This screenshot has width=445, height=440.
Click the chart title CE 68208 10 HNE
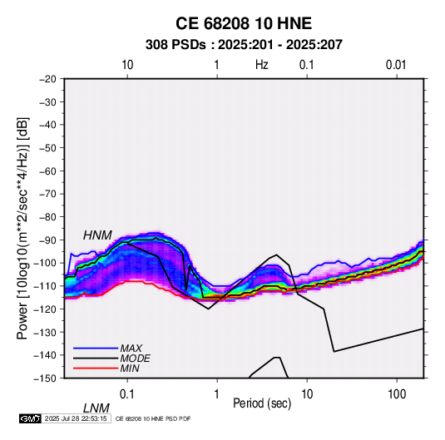pyautogui.click(x=244, y=23)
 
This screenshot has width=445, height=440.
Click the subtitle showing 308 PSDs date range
pyautogui.click(x=244, y=45)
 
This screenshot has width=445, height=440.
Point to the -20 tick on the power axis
pyautogui.click(x=47, y=79)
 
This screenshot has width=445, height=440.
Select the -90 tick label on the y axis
pyautogui.click(x=47, y=240)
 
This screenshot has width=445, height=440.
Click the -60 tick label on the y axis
pyautogui.click(x=47, y=171)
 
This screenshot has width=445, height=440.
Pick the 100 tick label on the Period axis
pyautogui.click(x=397, y=394)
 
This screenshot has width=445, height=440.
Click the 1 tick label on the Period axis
pyautogui.click(x=217, y=394)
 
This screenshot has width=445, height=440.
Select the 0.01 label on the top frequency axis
pyautogui.click(x=396, y=65)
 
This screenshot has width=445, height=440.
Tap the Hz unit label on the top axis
pyautogui.click(x=262, y=65)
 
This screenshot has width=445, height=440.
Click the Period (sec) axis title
pyautogui.click(x=262, y=403)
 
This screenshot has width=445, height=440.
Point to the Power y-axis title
pyautogui.click(x=22, y=228)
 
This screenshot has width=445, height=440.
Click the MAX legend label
pyautogui.click(x=131, y=348)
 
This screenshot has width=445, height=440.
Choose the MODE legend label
pyautogui.click(x=135, y=358)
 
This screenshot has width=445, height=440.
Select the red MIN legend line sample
pyautogui.click(x=96, y=368)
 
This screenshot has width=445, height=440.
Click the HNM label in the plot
pyautogui.click(x=97, y=235)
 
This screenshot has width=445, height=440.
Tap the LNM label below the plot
pyautogui.click(x=96, y=408)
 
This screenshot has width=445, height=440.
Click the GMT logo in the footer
pyautogui.click(x=31, y=418)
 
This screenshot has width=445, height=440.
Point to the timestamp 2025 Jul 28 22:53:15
pyautogui.click(x=76, y=418)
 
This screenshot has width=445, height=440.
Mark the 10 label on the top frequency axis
pyautogui.click(x=127, y=65)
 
